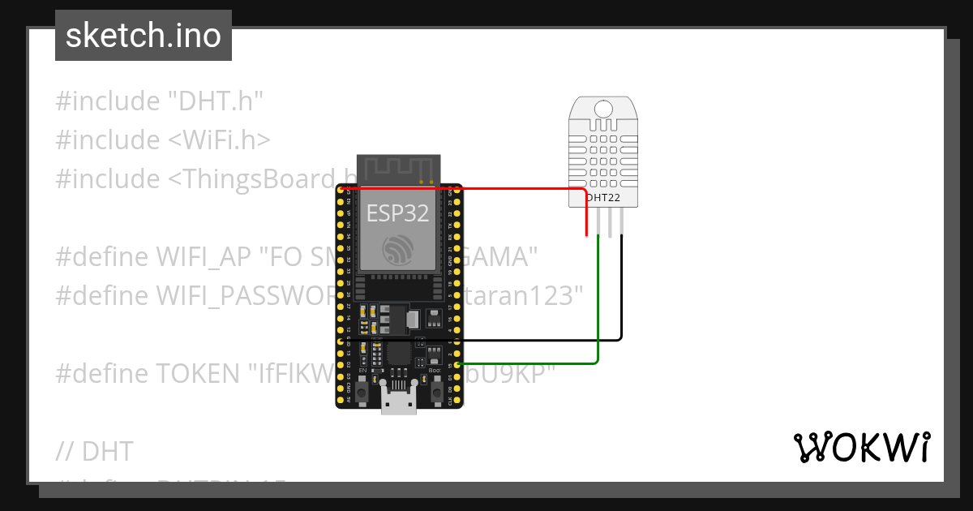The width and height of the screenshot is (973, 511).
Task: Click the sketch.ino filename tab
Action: pyautogui.click(x=144, y=36)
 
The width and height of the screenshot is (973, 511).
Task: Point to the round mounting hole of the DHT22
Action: pyautogui.click(x=602, y=109)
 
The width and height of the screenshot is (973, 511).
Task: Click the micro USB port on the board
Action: pyautogui.click(x=399, y=402)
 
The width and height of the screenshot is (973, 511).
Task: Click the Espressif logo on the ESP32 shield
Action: pyautogui.click(x=399, y=250)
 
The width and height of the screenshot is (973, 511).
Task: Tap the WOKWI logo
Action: pyautogui.click(x=861, y=447)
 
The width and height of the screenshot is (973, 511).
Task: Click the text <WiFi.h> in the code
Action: pyautogui.click(x=219, y=140)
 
